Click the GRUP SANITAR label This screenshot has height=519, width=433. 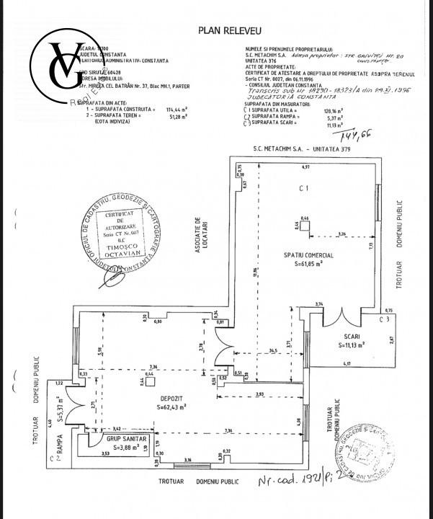pyautogui.click(x=127, y=438)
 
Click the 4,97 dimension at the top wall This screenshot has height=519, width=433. pyautogui.click(x=305, y=167)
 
